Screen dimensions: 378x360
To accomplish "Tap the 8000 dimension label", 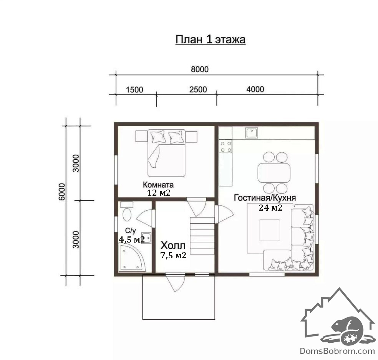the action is (200, 69).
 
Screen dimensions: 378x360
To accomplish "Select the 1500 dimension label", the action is (134, 90).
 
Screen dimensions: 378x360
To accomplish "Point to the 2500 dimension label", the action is (198, 89).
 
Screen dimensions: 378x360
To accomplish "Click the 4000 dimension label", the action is (255, 89).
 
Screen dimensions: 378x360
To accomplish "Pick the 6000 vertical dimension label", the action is (62, 192).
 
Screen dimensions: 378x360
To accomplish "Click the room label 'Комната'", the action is (158, 185).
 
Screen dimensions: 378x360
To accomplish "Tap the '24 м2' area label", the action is (270, 208).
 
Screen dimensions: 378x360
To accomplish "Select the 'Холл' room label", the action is (173, 245).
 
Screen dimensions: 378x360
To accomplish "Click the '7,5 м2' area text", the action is (173, 255).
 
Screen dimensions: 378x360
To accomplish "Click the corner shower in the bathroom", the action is (132, 257).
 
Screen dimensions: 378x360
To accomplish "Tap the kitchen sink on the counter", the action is (252, 133).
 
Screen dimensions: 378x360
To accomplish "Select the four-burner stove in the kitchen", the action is (225, 147).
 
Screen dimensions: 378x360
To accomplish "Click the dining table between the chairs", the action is (274, 173).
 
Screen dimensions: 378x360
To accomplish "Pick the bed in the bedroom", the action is (166, 153).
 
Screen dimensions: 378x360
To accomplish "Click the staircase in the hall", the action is (202, 236).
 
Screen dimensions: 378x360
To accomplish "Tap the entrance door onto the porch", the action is (175, 282).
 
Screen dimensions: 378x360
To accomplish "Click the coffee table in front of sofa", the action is (269, 230).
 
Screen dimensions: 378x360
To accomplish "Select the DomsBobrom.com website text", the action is (337, 351).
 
